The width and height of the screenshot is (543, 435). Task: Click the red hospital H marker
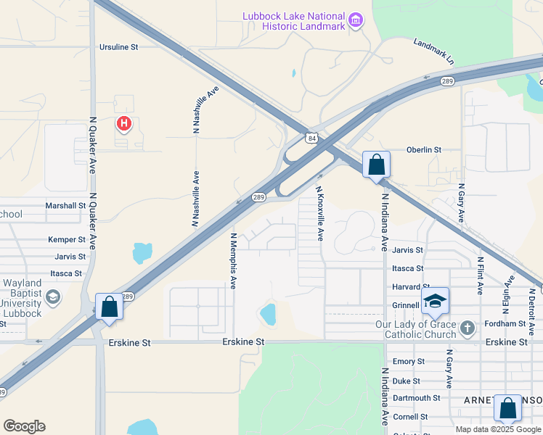click(124, 124)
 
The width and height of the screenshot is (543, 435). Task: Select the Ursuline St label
click(118, 47)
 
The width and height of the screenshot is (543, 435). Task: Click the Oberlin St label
click(424, 150)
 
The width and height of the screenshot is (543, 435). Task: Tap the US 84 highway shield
click(311, 138)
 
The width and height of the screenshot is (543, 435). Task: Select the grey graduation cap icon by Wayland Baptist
click(53, 297)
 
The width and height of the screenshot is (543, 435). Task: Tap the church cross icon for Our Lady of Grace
click(468, 327)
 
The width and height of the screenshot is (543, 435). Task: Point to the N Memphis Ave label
click(233, 261)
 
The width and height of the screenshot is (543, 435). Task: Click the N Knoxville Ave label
click(319, 213)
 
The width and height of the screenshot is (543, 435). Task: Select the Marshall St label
click(65, 206)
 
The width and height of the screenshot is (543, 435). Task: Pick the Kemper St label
click(67, 239)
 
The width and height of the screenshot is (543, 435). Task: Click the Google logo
click(24, 426)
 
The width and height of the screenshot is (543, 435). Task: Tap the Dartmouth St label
click(417, 398)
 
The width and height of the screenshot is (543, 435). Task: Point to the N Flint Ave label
click(480, 275)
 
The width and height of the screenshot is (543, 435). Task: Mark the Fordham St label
click(507, 323)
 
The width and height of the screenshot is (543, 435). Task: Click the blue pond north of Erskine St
click(268, 314)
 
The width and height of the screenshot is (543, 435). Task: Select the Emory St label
click(408, 361)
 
